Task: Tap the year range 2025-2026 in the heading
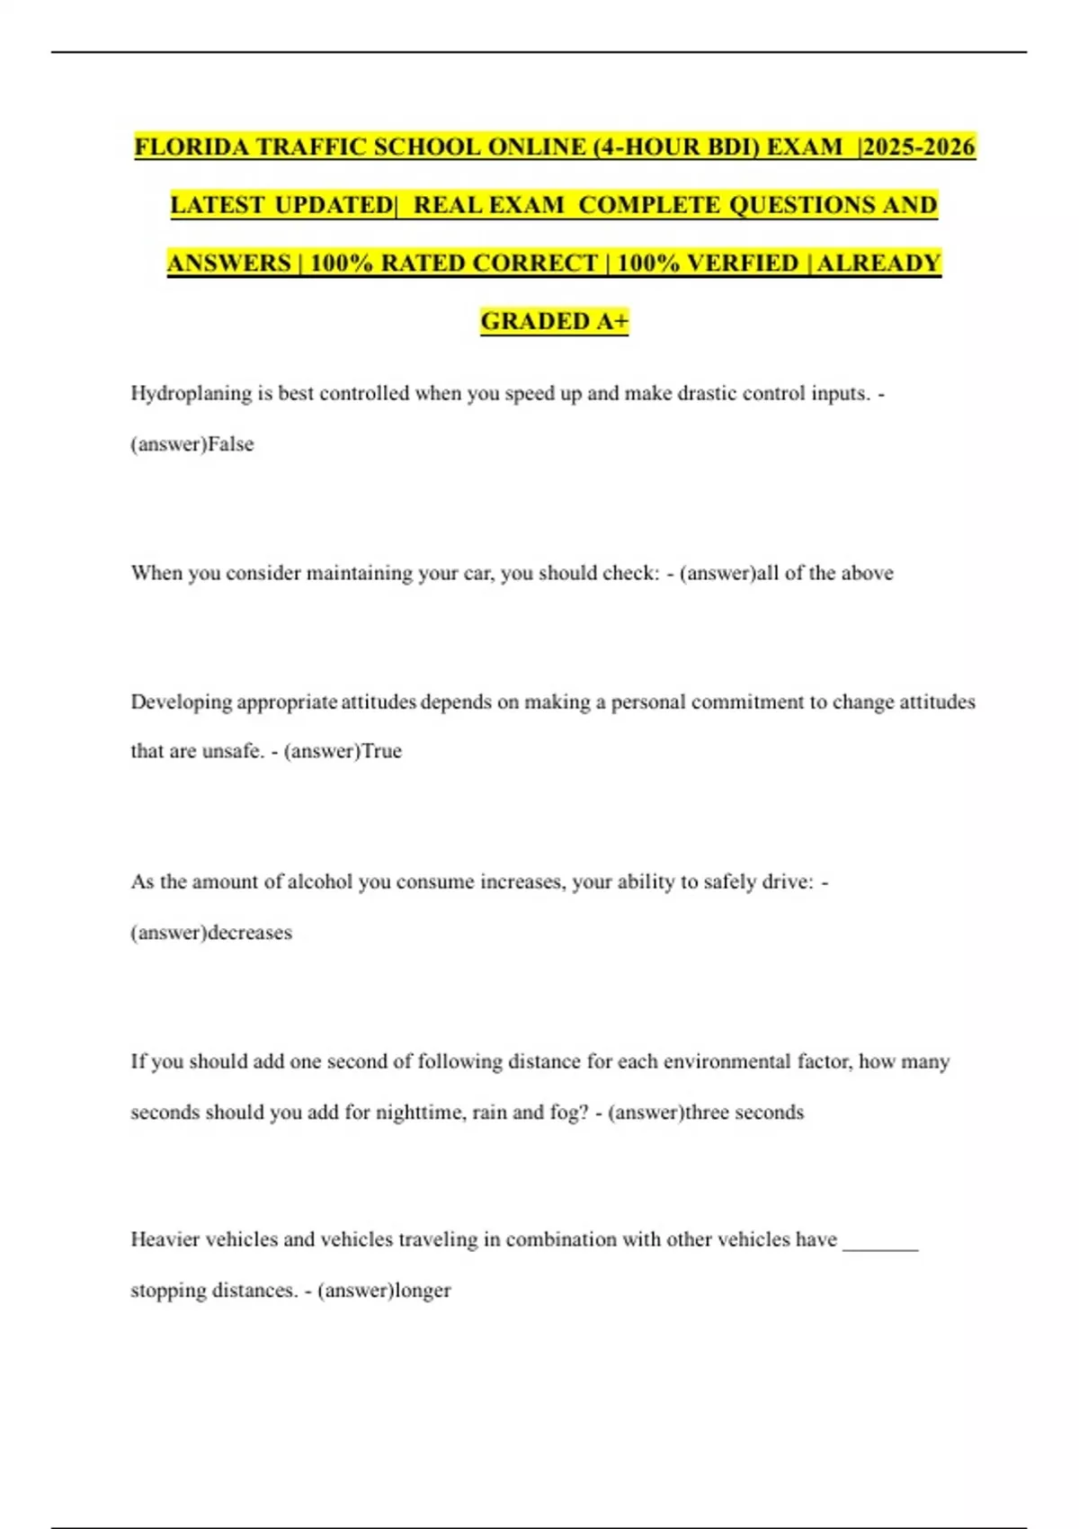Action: click(x=919, y=147)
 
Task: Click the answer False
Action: click(x=231, y=444)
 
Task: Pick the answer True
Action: click(x=381, y=751)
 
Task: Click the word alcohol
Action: click(x=319, y=882)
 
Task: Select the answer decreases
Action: click(x=250, y=933)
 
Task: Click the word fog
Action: click(x=567, y=1113)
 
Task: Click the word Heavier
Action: click(x=165, y=1239)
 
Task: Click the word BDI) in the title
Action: click(x=727, y=147)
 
